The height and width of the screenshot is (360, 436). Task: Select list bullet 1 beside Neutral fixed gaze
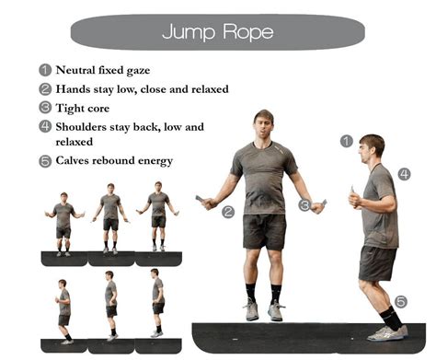44,69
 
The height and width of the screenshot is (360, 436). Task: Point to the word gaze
155,70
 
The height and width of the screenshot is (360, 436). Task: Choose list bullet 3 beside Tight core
44,108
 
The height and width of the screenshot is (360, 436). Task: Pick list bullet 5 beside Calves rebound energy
44,161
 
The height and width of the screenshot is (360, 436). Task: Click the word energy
154,161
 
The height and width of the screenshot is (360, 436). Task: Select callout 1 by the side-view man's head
346,141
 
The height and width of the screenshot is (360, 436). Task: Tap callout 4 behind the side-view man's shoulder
405,172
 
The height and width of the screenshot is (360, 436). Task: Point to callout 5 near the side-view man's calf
401,300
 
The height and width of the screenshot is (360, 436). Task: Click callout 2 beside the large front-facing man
228,211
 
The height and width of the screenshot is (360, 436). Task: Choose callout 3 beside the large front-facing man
304,206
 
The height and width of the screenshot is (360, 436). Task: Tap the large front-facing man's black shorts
264,230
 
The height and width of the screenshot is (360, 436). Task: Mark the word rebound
114,161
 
